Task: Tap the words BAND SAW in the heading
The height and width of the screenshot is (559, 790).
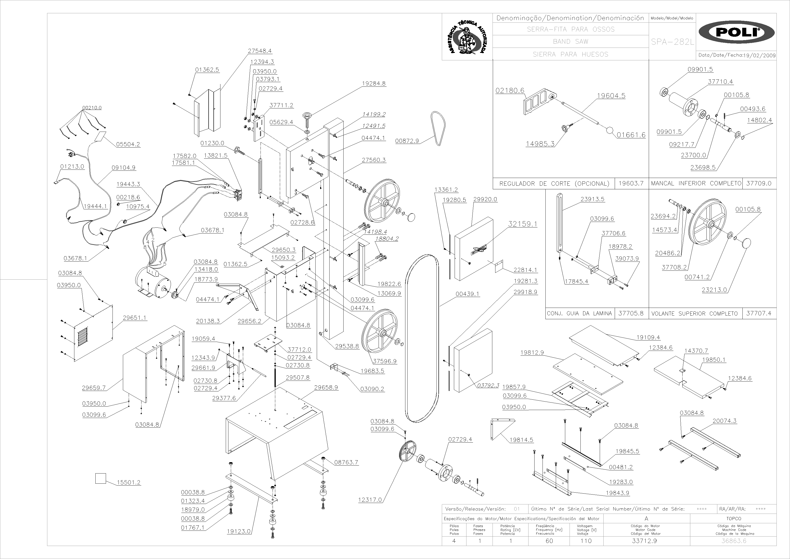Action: tap(571, 42)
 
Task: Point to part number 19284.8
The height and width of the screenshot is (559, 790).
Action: tap(374, 83)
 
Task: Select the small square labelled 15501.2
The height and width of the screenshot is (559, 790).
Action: tap(100, 478)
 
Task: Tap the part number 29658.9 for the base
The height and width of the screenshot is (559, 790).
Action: tap(326, 387)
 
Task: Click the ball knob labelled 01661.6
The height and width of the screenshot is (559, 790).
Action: tap(609, 131)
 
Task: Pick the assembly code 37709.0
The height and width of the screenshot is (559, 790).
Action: tap(759, 184)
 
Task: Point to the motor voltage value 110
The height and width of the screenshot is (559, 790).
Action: tap(586, 541)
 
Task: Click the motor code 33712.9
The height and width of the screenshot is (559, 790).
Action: tap(644, 541)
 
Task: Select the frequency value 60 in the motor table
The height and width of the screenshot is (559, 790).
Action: tap(549, 541)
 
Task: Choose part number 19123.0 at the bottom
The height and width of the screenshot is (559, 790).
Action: tap(239, 531)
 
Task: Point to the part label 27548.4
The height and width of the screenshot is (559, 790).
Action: tap(260, 51)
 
